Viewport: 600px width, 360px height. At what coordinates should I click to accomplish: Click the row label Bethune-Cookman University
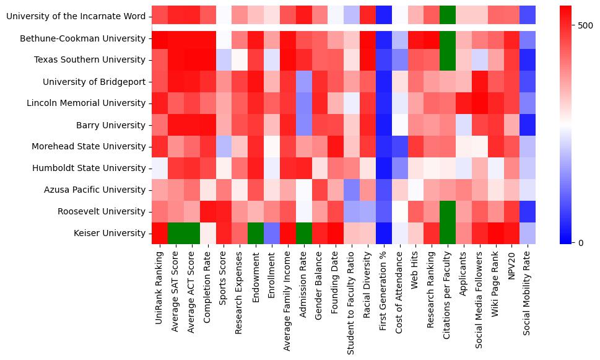click(83, 38)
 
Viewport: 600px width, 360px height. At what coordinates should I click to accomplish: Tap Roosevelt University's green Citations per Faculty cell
click(447, 212)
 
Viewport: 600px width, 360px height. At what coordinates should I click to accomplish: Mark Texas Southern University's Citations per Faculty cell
click(447, 60)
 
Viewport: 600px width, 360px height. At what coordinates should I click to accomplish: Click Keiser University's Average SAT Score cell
click(176, 234)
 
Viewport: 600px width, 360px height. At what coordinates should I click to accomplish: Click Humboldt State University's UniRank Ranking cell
click(160, 169)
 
